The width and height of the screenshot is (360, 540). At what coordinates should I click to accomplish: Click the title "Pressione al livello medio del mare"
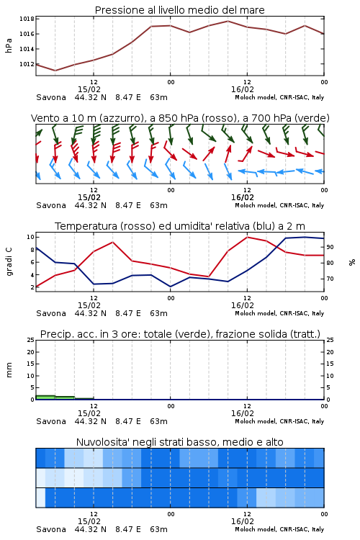pos(179,10)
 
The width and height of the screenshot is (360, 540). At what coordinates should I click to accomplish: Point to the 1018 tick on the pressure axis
pos(27,19)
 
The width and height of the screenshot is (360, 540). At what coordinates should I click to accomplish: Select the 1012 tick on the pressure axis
pos(27,64)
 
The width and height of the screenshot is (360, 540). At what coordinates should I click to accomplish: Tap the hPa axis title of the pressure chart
pos(9,45)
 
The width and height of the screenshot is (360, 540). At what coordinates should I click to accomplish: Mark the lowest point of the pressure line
pos(55,71)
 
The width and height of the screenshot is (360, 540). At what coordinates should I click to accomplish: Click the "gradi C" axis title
pos(9,261)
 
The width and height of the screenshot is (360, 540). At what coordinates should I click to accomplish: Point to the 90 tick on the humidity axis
pos(330,247)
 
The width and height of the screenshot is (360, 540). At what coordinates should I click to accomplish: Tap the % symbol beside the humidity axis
pos(352,262)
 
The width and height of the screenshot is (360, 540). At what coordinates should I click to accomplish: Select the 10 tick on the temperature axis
pos(30,237)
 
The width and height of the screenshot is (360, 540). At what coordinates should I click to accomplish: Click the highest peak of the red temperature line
pos(247,237)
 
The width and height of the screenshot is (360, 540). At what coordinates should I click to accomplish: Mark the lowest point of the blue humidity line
pos(170,287)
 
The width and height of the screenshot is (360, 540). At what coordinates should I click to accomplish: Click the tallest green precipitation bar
pos(45,397)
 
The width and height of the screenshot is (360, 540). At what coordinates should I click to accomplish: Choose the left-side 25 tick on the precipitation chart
pos(30,340)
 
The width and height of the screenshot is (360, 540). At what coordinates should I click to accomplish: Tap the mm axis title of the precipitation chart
pos(9,370)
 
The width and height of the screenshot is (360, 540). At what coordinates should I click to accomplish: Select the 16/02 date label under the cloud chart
pos(243,521)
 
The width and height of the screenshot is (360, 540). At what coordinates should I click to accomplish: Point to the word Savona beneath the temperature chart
pos(51,313)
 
